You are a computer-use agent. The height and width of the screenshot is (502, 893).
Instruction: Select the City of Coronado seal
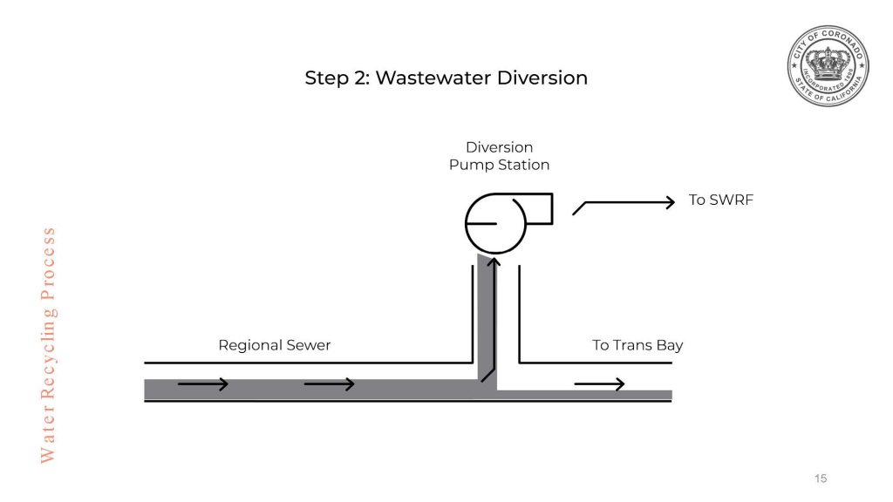tap(828, 66)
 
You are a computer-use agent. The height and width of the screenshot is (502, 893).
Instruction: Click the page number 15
tap(820, 478)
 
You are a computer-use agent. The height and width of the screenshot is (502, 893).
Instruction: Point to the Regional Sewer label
tap(275, 345)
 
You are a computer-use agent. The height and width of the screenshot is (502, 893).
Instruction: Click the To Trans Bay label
tap(637, 345)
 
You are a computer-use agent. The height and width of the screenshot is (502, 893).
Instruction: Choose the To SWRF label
tap(720, 200)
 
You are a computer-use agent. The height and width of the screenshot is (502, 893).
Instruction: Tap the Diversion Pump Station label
tap(499, 156)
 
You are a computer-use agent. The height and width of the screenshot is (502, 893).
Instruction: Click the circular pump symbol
tap(495, 223)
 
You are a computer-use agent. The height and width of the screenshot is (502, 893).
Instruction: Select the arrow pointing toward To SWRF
tap(624, 203)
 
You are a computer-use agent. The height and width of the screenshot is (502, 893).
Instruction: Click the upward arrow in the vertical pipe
tap(493, 314)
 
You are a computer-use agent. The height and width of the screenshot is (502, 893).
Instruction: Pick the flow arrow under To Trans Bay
tap(599, 384)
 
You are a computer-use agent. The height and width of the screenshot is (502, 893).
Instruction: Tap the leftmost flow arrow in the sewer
tap(203, 384)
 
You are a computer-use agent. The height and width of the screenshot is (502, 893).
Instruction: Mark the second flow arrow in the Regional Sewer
tap(329, 384)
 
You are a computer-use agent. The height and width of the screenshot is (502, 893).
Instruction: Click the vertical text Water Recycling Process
tap(48, 344)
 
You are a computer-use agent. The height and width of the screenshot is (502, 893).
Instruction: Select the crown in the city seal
tap(828, 63)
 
